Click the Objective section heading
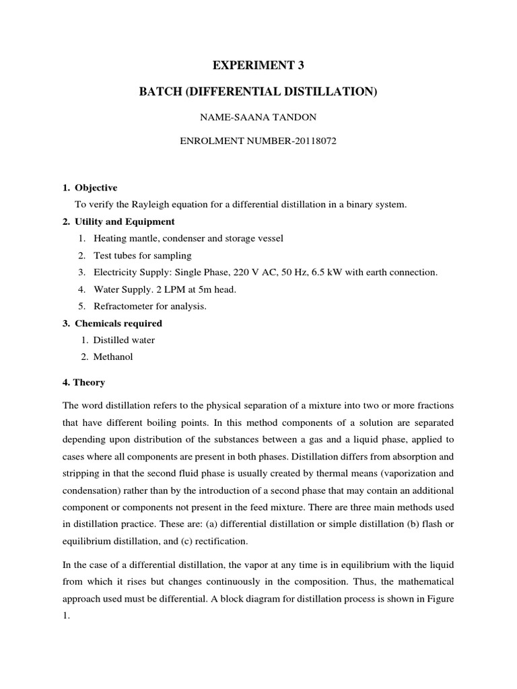coord(96,188)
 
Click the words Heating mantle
coord(125,239)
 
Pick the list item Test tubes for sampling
coord(143,256)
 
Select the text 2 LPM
coord(160,289)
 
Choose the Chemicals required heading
coord(118,324)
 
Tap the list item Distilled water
coord(123,340)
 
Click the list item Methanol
coord(113,357)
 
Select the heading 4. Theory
coord(83,383)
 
